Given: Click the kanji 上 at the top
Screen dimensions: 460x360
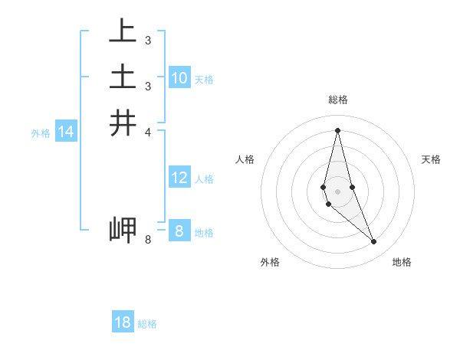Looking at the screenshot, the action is click(x=123, y=32).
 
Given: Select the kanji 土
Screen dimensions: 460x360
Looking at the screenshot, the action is click(x=123, y=77).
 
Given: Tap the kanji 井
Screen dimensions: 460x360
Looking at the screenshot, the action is click(x=123, y=123).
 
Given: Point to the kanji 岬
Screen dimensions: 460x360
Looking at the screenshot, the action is click(x=123, y=230).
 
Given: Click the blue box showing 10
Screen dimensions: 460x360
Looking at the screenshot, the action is click(x=179, y=77).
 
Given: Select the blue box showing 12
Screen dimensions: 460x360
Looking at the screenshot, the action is click(x=179, y=178).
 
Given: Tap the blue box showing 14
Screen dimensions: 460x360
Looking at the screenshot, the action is click(x=66, y=132).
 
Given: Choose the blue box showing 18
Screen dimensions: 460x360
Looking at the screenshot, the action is click(x=123, y=322).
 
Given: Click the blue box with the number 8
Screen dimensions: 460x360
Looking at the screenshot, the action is click(x=179, y=231).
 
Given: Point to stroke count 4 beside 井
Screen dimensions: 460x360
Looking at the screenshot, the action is click(x=148, y=132).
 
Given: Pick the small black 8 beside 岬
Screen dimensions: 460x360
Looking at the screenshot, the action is click(x=148, y=240).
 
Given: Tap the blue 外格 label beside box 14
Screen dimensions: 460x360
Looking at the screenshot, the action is click(x=41, y=133).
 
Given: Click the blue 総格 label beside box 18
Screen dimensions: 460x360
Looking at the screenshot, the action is click(x=147, y=324).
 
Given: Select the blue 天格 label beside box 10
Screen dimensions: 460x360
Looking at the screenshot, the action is click(x=204, y=80).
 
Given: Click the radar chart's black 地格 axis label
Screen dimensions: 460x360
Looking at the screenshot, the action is click(x=402, y=262).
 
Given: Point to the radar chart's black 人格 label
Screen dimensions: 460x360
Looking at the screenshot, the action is click(x=245, y=159).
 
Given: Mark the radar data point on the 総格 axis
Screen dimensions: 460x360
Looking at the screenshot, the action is click(x=337, y=129).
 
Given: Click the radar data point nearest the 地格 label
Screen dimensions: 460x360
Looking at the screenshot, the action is click(x=373, y=242).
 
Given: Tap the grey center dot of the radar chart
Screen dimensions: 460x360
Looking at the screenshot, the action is click(x=337, y=180).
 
